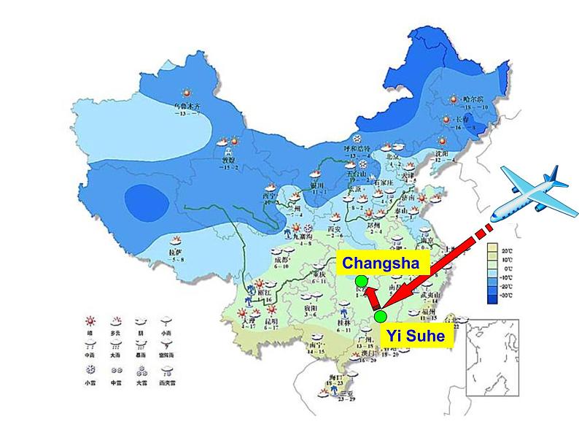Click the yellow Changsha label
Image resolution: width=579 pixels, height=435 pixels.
380,263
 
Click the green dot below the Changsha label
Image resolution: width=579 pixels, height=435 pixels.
361,281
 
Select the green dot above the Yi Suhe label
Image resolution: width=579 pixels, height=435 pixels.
380,316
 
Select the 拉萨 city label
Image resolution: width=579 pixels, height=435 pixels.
176,252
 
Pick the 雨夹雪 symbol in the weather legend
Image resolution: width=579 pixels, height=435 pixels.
167,370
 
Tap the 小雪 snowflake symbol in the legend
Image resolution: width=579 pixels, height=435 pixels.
91,370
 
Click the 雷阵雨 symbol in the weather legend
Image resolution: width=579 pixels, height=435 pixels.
167,345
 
